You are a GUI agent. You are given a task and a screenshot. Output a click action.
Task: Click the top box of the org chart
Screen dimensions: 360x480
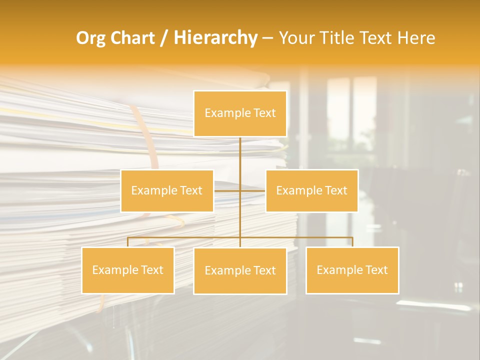coord(240,113)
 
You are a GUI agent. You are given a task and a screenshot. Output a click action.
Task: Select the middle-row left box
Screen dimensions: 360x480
coord(167,190)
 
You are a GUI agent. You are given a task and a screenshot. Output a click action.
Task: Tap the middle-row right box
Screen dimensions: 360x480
coord(311,190)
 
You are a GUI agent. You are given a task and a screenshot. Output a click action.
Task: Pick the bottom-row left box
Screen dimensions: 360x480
coord(128,270)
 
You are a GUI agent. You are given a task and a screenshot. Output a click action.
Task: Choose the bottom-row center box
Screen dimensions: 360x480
coord(240,270)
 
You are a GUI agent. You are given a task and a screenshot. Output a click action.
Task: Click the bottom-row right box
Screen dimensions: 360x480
coord(352,270)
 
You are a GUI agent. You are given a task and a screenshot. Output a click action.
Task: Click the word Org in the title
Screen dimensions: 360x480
coord(90,38)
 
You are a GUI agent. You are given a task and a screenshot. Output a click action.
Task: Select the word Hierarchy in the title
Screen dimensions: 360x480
coord(215,38)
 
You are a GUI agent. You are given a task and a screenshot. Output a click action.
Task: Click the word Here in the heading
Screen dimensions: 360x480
coord(416,38)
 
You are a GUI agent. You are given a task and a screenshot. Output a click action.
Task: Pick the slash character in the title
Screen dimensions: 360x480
coord(164,38)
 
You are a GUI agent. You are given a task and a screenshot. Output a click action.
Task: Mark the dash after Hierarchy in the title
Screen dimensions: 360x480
coord(267,38)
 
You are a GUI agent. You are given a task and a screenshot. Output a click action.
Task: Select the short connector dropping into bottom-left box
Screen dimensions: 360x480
coord(128,242)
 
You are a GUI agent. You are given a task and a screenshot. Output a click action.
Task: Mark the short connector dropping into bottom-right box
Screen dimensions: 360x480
coord(352,242)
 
